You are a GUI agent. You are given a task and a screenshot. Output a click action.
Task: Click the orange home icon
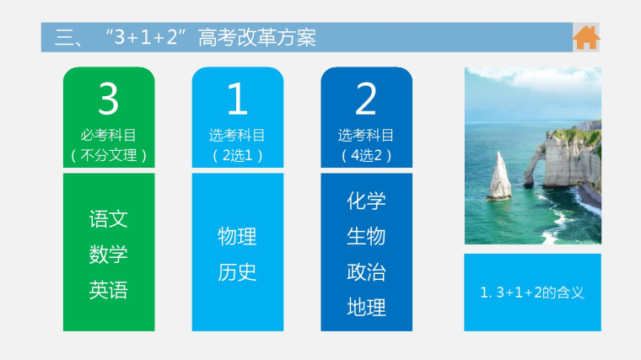coord(586,37)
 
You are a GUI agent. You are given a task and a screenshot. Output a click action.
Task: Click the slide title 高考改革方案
coord(257,38)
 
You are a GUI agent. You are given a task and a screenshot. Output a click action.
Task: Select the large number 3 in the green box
coord(108,99)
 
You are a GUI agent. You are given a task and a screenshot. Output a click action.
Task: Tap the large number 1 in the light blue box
coord(238,99)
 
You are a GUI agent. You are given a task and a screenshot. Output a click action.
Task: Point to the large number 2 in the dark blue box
coord(366,99)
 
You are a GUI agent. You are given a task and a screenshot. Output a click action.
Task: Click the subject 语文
coord(108,219)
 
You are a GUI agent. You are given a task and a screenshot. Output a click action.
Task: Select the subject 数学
coord(108,255)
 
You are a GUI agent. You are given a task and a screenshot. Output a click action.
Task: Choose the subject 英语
coord(108,290)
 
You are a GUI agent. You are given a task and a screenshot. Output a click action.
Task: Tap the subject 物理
coord(237,237)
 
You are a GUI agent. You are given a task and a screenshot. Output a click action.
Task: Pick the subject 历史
coord(237,272)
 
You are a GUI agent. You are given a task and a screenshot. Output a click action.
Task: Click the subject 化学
coord(366,201)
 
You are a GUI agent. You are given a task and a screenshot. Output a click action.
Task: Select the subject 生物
coord(366,237)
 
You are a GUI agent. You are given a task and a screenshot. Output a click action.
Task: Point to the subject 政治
coord(366,272)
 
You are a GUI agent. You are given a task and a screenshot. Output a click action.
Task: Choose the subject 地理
coord(366,307)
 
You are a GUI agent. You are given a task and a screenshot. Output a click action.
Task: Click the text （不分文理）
coord(109,156)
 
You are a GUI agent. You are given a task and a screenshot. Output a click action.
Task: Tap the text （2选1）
coord(238,156)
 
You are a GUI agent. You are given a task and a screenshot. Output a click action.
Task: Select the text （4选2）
coord(366,156)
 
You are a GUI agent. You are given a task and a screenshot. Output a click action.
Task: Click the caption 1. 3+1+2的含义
coord(532,293)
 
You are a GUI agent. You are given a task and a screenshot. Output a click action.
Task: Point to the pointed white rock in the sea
coord(499,176)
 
